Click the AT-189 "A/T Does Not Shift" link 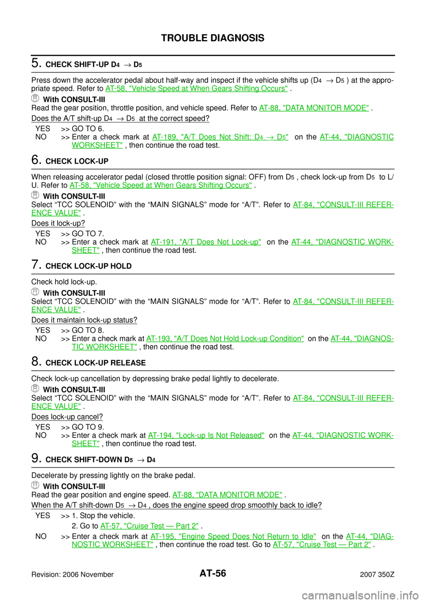[220, 137]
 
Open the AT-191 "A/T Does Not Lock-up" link [206, 242]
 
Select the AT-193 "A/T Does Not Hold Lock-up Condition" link [225, 339]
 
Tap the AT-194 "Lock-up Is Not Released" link [206, 436]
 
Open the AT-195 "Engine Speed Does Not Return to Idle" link [233, 536]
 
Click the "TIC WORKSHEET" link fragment [104, 347]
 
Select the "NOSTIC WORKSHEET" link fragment [112, 544]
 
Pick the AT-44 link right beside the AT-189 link [357, 137]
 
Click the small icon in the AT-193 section [35, 292]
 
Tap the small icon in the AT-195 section [35, 485]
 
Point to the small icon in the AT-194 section [35, 389]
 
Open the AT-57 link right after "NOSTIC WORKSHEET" [321, 544]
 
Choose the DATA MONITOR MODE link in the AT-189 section [314, 108]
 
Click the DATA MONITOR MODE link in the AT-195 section [227, 495]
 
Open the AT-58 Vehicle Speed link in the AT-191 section [161, 185]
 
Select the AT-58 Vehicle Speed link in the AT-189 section [197, 88]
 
